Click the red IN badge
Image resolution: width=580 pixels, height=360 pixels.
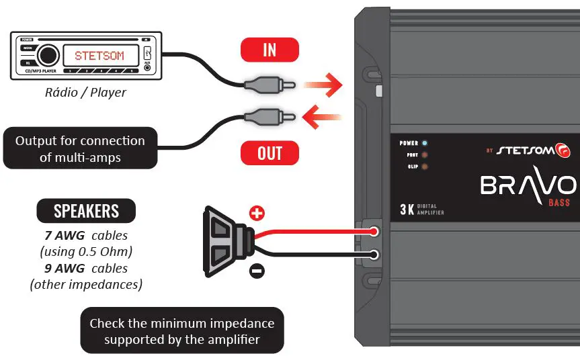270,50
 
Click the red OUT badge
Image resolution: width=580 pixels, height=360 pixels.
270,153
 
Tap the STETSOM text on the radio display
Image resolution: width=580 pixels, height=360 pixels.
99,56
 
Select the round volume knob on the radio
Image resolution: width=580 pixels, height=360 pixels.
48,56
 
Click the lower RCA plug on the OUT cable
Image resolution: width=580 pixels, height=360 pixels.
269,118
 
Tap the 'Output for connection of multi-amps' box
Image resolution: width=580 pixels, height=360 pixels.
80,148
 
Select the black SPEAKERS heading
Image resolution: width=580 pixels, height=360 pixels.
86,212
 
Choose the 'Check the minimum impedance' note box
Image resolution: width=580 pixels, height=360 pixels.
181,331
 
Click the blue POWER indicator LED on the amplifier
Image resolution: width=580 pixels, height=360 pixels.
425,143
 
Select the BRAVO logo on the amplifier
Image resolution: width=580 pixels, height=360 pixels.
528,185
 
